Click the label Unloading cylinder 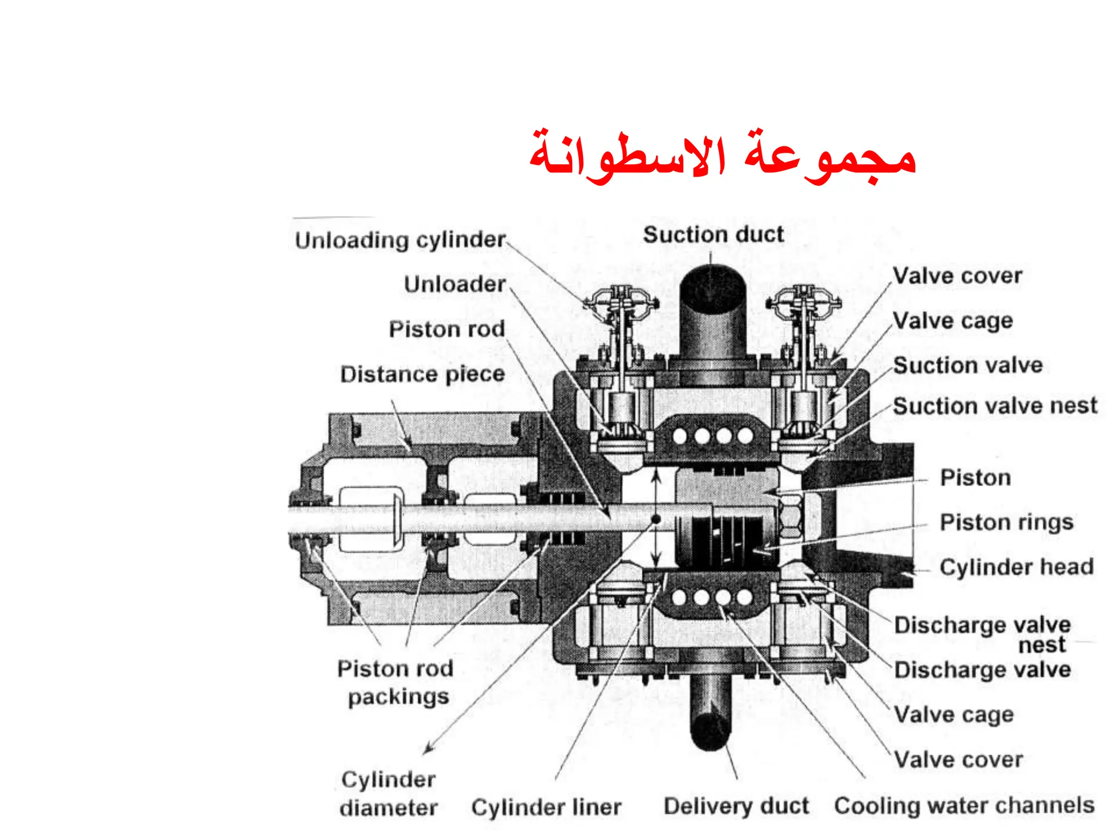(400, 240)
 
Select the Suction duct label (713, 235)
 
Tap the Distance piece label (423, 375)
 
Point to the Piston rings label (1006, 522)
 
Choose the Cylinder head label (1016, 568)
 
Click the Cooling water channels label (964, 806)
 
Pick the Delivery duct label (736, 806)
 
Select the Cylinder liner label (546, 807)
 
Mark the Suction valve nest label (995, 406)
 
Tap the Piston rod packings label (396, 683)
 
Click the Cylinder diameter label (388, 794)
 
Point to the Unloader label (455, 284)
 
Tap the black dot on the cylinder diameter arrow (656, 519)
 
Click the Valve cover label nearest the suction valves (957, 276)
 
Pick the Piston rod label (447, 329)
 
